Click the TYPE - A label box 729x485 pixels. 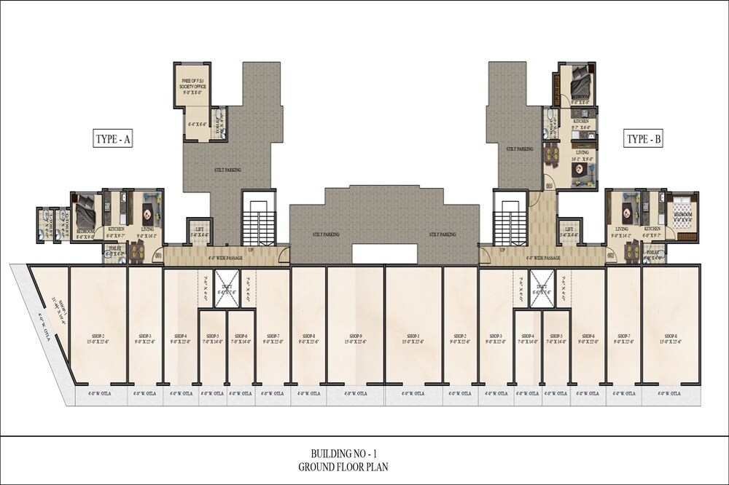coord(112,138)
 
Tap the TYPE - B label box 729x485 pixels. coord(644,138)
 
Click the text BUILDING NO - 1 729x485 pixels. coord(364,452)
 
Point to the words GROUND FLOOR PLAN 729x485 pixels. coord(364,466)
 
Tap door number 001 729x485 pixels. coord(158,256)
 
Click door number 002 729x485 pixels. coord(611,256)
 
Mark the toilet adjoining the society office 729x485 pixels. coord(217,122)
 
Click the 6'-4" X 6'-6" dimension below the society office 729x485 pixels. coord(195,125)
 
